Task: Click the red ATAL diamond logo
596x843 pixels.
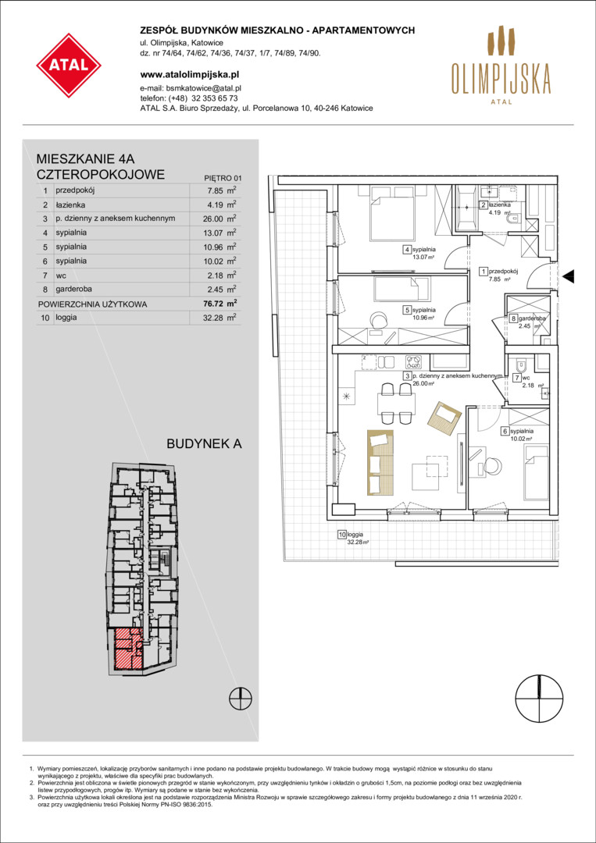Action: [x=69, y=66]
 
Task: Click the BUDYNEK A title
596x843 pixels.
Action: [x=205, y=444]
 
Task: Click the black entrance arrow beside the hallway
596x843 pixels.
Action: [x=569, y=276]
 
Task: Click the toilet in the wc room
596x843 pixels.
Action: [x=519, y=368]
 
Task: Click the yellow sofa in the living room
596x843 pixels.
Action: [x=380, y=462]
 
